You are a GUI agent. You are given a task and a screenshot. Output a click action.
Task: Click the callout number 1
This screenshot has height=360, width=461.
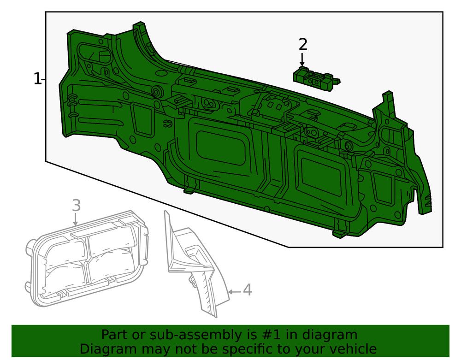[x=37, y=79]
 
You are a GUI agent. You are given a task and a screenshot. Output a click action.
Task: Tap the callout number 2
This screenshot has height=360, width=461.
[x=302, y=45]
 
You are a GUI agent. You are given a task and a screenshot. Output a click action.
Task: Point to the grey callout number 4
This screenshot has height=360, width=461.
[x=247, y=290]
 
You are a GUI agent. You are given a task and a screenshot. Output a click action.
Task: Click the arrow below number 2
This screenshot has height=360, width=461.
[x=302, y=60]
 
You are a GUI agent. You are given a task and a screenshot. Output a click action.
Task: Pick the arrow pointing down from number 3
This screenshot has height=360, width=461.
[x=76, y=220]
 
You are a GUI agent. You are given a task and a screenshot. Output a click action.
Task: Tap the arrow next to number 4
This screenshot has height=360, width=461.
[x=234, y=291]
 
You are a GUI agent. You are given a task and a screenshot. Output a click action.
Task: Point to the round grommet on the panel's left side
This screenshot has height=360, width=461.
[x=156, y=92]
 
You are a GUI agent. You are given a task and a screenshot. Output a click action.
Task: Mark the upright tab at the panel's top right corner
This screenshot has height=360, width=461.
[x=388, y=101]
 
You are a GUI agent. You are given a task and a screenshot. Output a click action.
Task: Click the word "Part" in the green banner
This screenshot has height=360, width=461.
[x=114, y=335]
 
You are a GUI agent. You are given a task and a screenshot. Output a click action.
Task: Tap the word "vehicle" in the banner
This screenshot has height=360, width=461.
[x=353, y=348]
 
